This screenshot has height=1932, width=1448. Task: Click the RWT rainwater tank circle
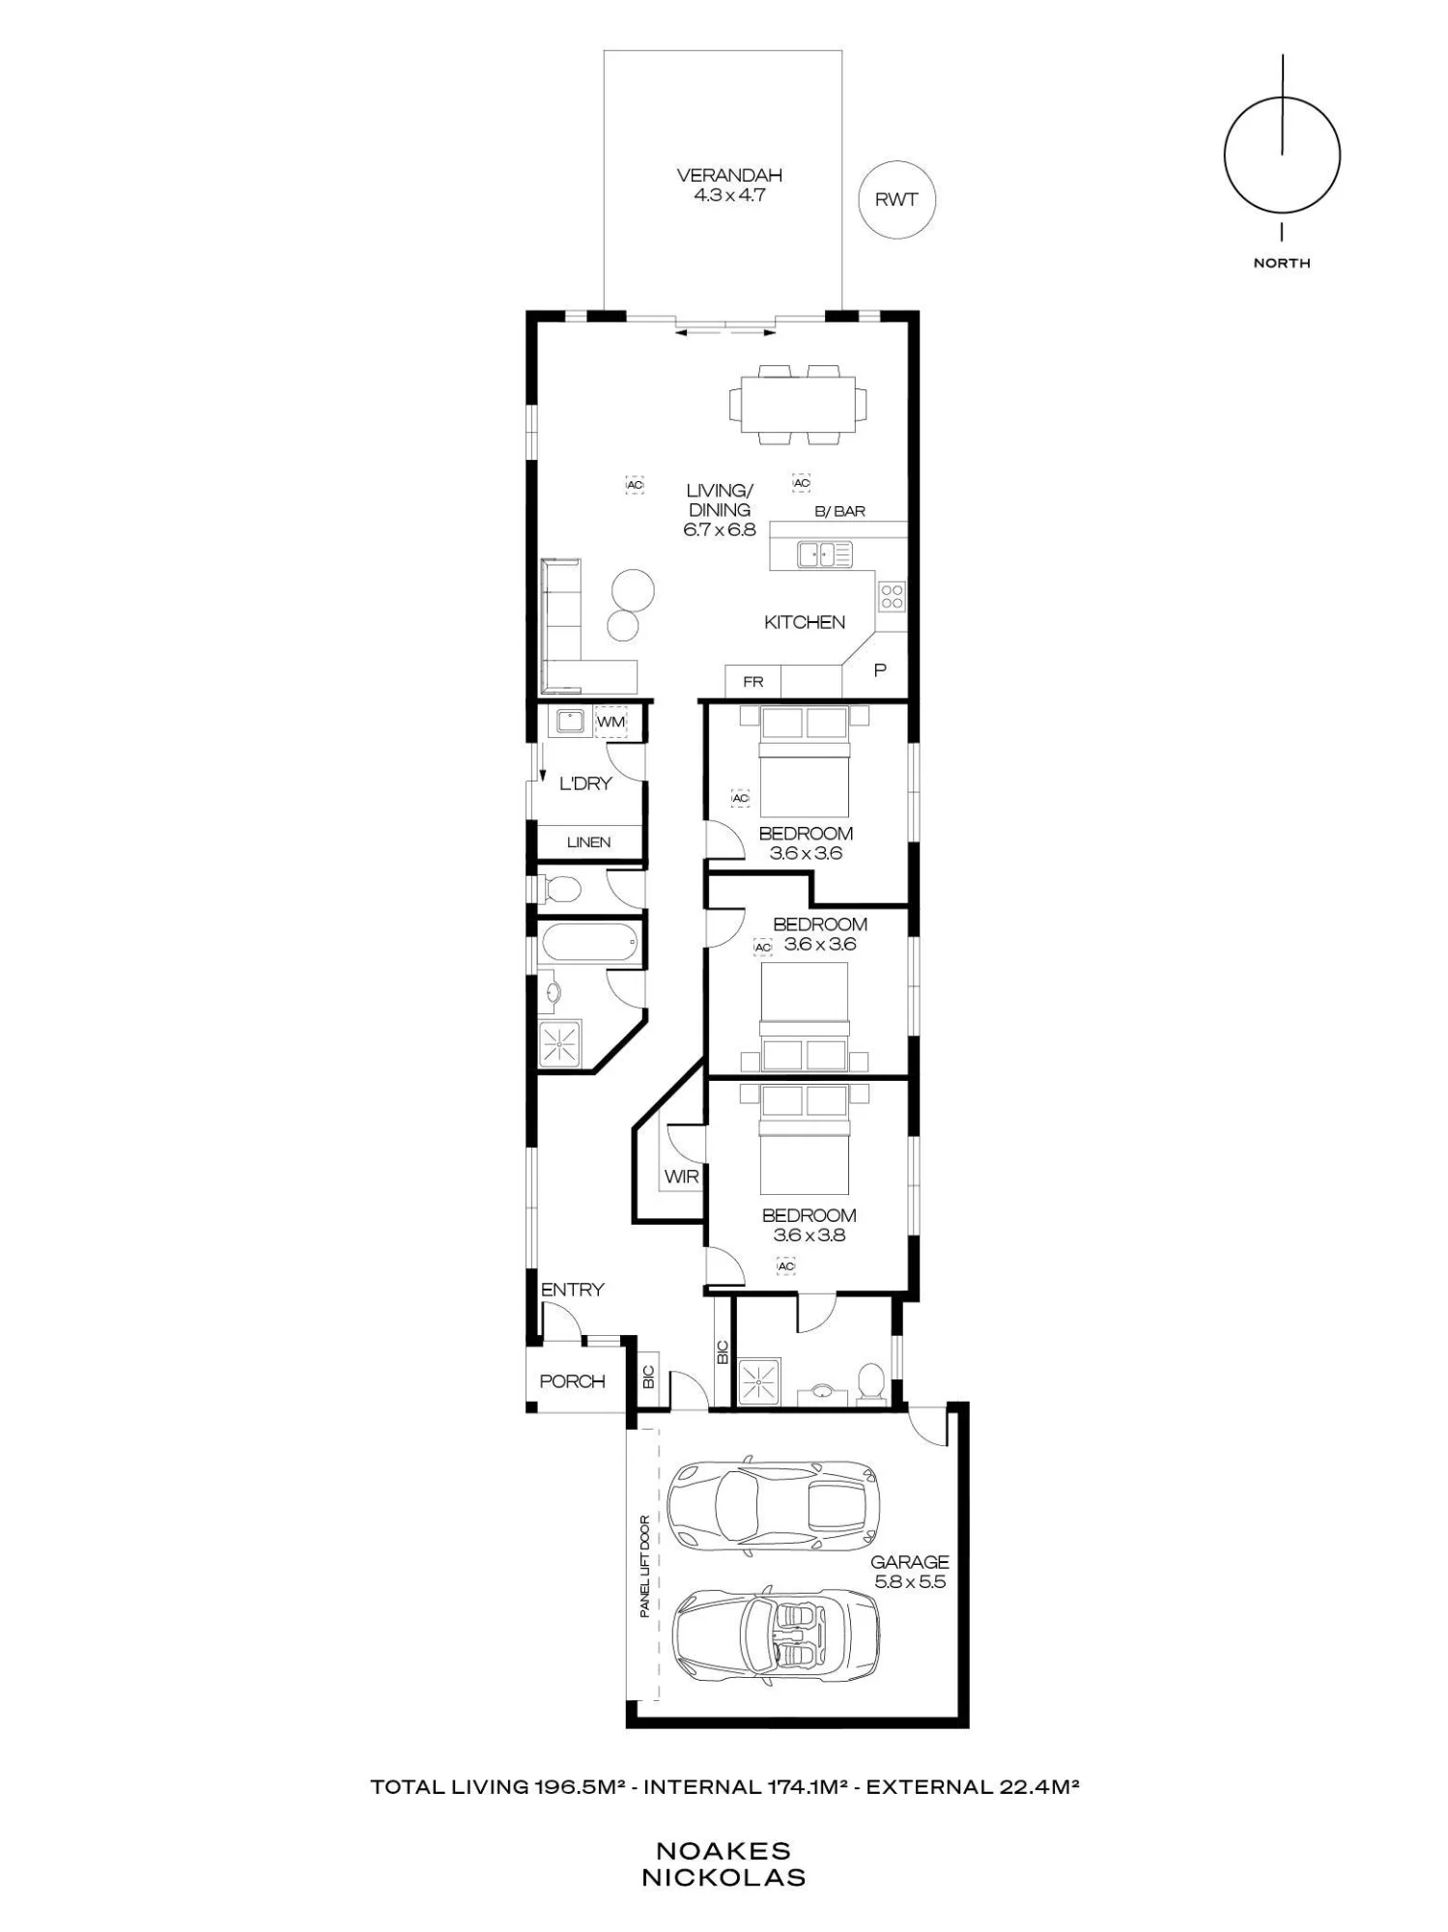pyautogui.click(x=897, y=200)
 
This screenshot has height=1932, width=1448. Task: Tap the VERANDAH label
pyautogui.click(x=729, y=176)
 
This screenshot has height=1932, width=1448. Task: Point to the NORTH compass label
pyautogui.click(x=1282, y=263)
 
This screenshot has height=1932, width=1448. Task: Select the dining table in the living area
pyautogui.click(x=798, y=404)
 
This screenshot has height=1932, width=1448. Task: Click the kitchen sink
pyautogui.click(x=825, y=554)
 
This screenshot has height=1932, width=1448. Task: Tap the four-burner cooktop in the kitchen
pyautogui.click(x=892, y=595)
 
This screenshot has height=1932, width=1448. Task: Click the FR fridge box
pyautogui.click(x=753, y=681)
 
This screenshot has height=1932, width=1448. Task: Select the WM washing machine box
pyautogui.click(x=611, y=722)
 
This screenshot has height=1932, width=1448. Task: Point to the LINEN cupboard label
pyautogui.click(x=588, y=842)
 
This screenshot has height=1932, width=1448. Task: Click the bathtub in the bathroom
pyautogui.click(x=588, y=942)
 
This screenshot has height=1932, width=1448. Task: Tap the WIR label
pyautogui.click(x=681, y=1178)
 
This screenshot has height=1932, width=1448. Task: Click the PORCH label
pyautogui.click(x=572, y=1381)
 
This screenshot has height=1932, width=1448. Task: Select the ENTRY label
pyautogui.click(x=572, y=1290)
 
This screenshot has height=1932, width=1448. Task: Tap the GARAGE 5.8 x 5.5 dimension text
pyautogui.click(x=909, y=1572)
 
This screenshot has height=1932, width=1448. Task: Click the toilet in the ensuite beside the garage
pyautogui.click(x=870, y=1381)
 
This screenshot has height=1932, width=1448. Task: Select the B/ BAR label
pyautogui.click(x=839, y=511)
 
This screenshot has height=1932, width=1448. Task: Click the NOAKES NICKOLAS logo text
pyautogui.click(x=724, y=1864)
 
